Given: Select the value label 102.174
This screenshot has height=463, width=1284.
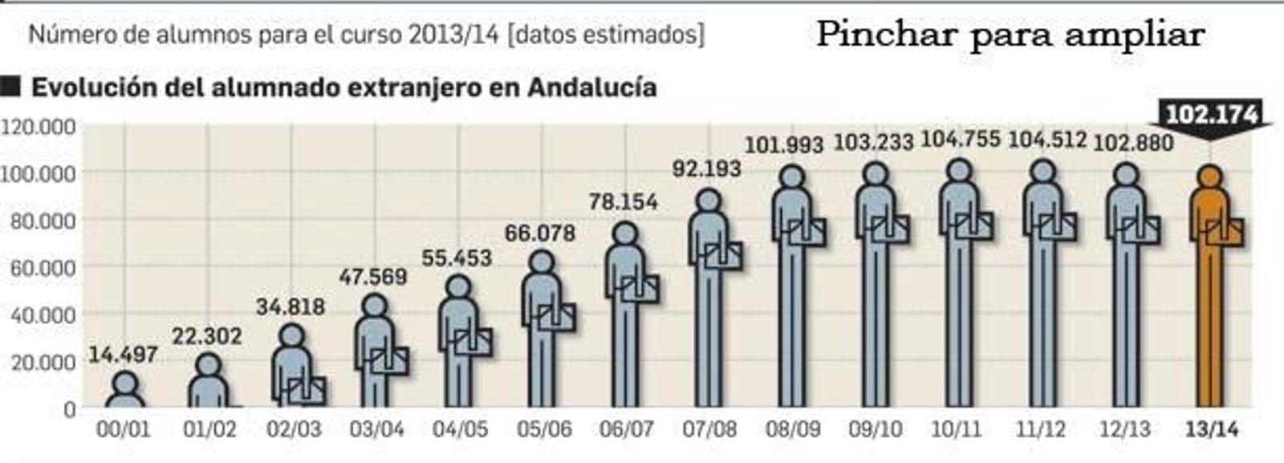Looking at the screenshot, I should [x=1212, y=116].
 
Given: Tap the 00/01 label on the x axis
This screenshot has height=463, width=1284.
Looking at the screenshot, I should [x=123, y=429].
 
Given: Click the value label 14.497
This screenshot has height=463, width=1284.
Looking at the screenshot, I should [x=123, y=354].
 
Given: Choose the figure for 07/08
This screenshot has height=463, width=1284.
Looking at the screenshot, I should [x=709, y=297].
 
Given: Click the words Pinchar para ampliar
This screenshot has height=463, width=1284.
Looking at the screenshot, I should [x=1010, y=35].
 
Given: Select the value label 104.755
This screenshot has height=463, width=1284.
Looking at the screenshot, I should [x=960, y=140].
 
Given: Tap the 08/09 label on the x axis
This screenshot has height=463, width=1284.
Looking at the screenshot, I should [x=793, y=429].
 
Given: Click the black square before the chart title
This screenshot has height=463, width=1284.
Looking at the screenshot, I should [x=10, y=87].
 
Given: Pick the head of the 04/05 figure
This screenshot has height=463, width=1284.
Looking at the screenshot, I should [x=458, y=287].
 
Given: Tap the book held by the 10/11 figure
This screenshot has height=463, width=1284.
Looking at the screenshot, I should [x=973, y=226].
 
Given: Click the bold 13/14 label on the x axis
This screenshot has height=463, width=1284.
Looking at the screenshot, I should [x=1211, y=429].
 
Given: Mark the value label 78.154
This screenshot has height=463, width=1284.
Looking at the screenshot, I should [x=623, y=202].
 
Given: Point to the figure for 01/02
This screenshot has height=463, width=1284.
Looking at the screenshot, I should [x=208, y=382].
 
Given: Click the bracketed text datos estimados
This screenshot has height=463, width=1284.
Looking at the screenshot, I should [x=606, y=35].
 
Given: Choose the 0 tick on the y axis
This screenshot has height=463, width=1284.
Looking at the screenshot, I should [x=69, y=409].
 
